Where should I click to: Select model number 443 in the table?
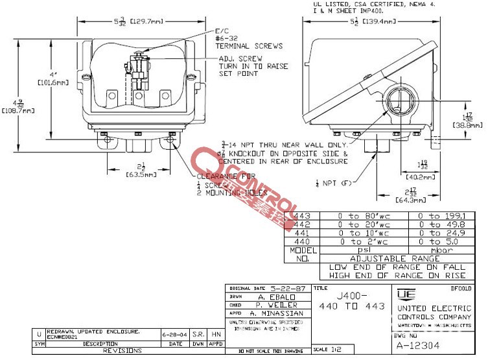click(x=303, y=216)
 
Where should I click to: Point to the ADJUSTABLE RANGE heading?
click(x=395, y=258)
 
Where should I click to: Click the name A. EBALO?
click(x=277, y=296)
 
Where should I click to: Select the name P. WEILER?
click(x=277, y=304)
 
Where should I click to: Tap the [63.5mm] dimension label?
click(x=141, y=174)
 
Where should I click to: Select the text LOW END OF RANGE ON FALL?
click(x=397, y=267)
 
